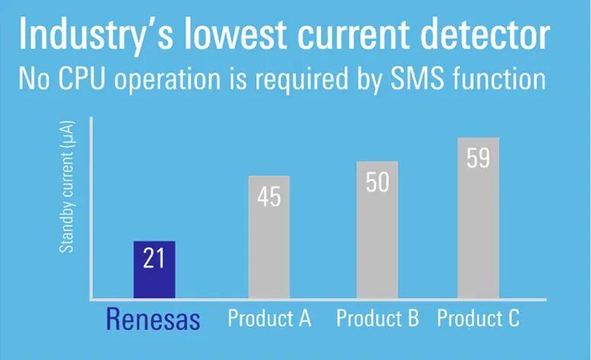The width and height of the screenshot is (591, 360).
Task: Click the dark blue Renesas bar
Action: (154, 270)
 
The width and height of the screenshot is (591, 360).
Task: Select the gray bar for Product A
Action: (269, 237)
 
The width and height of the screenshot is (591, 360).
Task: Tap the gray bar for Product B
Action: (377, 230)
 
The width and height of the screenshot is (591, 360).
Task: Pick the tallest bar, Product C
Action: (478, 218)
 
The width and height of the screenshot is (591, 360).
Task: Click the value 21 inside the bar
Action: (154, 259)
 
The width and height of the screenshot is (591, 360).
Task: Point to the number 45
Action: (269, 197)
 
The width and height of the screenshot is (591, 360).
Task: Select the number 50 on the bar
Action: (377, 182)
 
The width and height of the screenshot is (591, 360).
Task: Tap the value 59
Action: (478, 158)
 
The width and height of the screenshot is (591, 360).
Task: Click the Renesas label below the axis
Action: (153, 320)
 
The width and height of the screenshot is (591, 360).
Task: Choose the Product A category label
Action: (269, 318)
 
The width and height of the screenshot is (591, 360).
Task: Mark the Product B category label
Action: (377, 318)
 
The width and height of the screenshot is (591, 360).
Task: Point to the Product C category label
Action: (478, 318)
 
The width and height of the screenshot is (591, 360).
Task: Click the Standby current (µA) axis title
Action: (67, 187)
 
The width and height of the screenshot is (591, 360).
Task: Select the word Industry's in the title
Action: (96, 35)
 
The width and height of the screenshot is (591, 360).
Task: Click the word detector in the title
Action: (485, 34)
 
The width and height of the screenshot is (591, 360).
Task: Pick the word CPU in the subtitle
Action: (81, 79)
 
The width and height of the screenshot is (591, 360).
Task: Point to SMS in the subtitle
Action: (417, 79)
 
